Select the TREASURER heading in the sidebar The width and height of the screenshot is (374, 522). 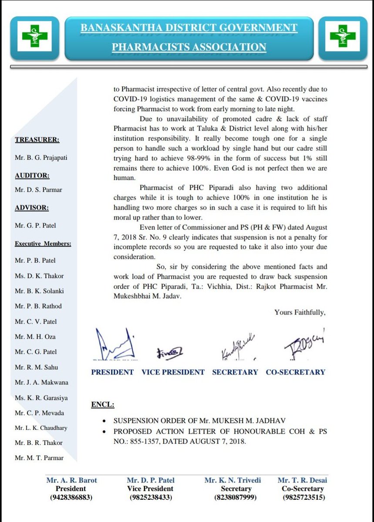38,140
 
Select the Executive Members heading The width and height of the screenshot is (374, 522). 43,244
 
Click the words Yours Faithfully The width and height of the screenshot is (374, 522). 300,312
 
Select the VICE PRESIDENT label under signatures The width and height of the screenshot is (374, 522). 173,372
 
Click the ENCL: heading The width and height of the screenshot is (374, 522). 103,405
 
